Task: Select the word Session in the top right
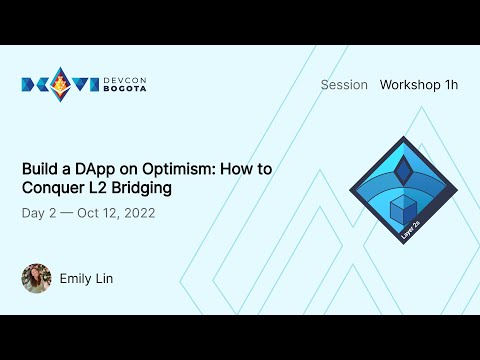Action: [x=344, y=85]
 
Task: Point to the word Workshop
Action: [x=410, y=85]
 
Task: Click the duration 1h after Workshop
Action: [x=450, y=85]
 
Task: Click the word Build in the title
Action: [x=40, y=169]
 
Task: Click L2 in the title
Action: [x=97, y=188]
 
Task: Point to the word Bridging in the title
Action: [x=141, y=188]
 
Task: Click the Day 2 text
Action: [x=40, y=214]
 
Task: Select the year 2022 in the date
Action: [x=136, y=214]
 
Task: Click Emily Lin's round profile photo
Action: [x=36, y=278]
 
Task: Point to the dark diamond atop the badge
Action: [x=405, y=169]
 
